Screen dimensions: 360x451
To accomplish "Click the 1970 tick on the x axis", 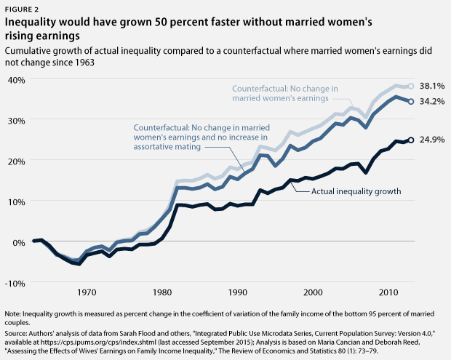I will pos(87,292).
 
